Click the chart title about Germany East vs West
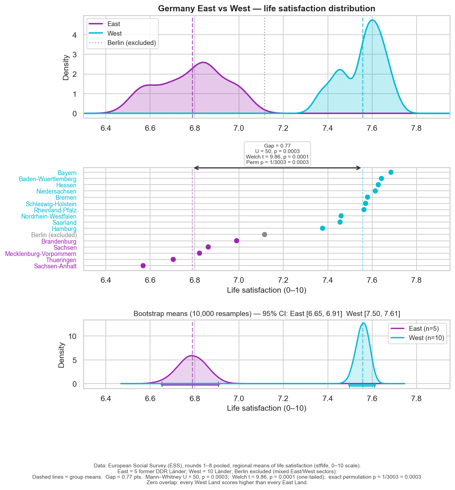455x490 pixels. point(266,9)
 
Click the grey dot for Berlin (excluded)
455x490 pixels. point(264,234)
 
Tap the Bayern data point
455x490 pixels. point(391,172)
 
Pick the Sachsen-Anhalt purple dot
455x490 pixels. point(143,266)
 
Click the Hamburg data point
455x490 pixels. point(322,228)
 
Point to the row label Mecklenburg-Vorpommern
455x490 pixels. point(41,254)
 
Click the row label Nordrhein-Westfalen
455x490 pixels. point(49,217)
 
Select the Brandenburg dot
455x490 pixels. point(237,241)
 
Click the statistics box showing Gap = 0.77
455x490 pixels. point(277,154)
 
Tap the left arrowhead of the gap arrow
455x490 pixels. point(195,168)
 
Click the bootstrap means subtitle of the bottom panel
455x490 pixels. point(266,313)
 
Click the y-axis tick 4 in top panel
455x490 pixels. point(75,35)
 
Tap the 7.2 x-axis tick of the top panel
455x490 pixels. point(283,128)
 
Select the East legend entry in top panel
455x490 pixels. point(114,24)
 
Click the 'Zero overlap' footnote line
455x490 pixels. point(227,482)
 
